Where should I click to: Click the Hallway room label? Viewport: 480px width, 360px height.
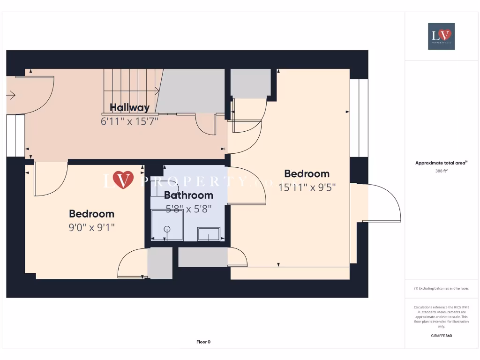coord(129,107)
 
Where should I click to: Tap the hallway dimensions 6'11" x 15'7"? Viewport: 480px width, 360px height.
coord(129,121)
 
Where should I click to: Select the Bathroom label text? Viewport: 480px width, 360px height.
coord(188,195)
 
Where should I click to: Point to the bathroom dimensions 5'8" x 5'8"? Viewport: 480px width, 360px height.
coord(188,209)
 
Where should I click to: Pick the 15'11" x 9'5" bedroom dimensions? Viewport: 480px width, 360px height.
coord(307,187)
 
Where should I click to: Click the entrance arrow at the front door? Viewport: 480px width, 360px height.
coord(11,96)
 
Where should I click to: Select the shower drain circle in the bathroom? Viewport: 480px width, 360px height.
coord(166,229)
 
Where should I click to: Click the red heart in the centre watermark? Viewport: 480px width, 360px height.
coord(123,180)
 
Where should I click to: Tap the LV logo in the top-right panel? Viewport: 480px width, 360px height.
coord(441,36)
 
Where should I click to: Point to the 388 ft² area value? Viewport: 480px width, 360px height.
coord(441,171)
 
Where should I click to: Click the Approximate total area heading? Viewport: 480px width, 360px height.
coord(441,163)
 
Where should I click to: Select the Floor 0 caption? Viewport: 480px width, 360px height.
coord(203,342)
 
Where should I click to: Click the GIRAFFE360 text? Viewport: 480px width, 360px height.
coord(441,336)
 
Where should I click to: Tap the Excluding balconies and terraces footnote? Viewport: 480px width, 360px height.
coord(441,288)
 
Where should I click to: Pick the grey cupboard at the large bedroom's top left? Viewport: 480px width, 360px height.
coord(250,83)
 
